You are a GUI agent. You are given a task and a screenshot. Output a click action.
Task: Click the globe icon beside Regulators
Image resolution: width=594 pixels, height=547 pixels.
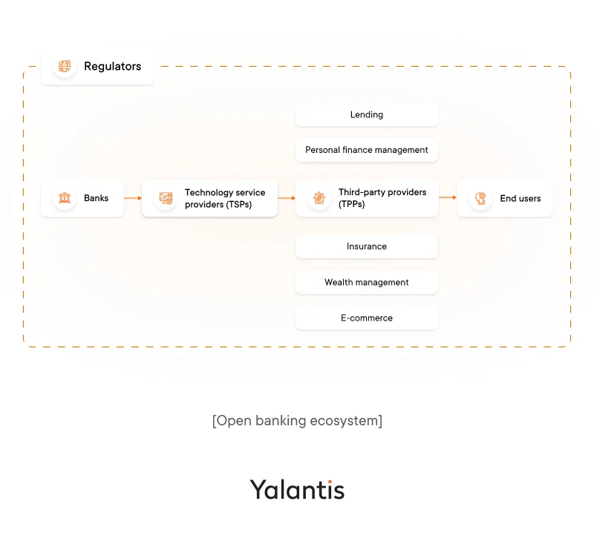(65, 67)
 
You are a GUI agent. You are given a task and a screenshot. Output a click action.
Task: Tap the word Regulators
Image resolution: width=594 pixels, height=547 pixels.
(112, 67)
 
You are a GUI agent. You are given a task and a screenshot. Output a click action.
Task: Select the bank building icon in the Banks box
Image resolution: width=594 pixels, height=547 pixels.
(65, 198)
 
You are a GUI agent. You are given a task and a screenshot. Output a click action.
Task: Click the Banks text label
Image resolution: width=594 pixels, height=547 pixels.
(96, 198)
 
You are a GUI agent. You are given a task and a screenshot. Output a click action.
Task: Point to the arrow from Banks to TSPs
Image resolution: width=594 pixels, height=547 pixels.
(133, 198)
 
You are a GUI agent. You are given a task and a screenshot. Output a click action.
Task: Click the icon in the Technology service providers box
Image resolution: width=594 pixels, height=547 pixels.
(166, 198)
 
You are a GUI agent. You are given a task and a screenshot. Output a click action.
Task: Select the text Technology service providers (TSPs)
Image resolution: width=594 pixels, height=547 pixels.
(225, 198)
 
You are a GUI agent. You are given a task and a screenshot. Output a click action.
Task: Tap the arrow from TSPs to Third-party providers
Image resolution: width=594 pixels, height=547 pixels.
(287, 198)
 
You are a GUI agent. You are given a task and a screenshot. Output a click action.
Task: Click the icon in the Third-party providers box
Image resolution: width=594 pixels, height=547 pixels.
(319, 198)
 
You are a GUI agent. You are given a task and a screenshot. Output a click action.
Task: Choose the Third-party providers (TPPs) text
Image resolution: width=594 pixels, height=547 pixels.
(382, 198)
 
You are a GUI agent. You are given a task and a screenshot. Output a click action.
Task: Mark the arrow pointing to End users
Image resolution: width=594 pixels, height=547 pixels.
(448, 197)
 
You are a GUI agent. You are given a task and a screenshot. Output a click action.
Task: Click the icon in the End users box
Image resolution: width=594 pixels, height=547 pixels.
(481, 198)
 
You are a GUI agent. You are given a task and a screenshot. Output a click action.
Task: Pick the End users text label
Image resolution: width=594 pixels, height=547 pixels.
(520, 198)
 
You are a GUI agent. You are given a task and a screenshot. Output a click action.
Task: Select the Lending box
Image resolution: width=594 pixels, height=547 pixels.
(367, 115)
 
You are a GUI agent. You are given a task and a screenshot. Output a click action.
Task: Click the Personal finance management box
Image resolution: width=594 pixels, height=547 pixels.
(367, 150)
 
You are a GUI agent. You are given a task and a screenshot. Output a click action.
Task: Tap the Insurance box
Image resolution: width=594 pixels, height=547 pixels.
(367, 246)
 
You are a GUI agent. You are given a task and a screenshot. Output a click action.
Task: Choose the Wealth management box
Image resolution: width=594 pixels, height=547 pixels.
(367, 282)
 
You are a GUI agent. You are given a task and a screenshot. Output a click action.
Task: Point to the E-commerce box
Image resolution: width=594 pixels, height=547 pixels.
(367, 318)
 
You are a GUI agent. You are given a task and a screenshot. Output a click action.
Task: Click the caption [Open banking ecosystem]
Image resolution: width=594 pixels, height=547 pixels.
(297, 421)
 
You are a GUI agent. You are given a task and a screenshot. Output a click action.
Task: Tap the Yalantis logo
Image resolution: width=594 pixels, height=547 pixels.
(297, 490)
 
